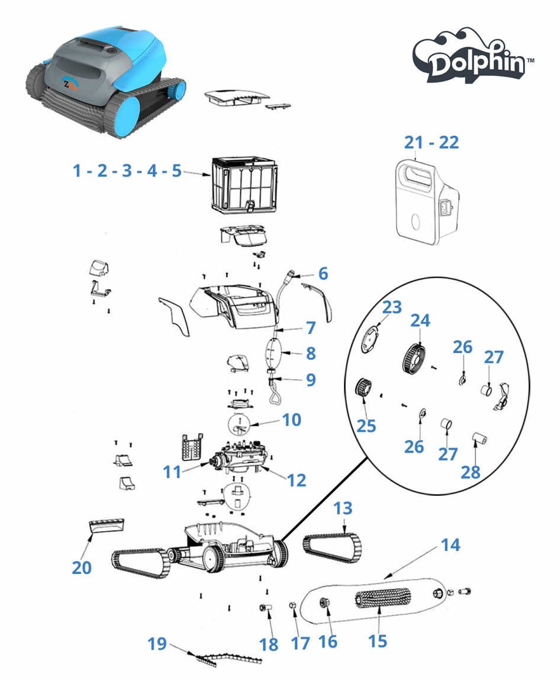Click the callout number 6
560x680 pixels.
pos(323,274)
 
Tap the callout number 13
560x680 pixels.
pos(343,509)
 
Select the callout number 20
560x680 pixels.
pos(82,567)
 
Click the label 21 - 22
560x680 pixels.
pos(432,142)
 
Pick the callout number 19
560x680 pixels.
pos(157,643)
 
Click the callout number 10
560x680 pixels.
pos(291,420)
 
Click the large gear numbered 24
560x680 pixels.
pos(413,358)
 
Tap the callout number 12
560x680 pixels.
pos(297,480)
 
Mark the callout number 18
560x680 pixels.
pos(269,643)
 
